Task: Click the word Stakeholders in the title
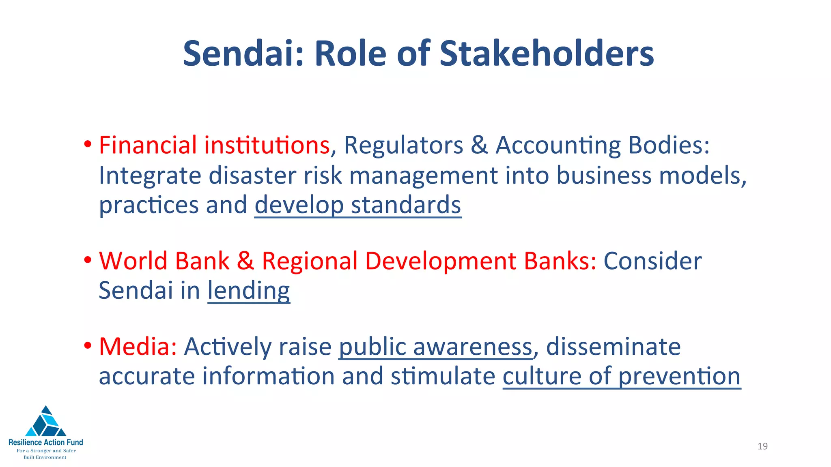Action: click(547, 54)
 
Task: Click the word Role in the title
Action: click(350, 54)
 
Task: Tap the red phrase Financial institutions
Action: click(214, 145)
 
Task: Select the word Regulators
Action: click(403, 145)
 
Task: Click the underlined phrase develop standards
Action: click(357, 205)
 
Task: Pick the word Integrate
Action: click(150, 176)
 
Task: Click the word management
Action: click(423, 176)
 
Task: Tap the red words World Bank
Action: click(164, 261)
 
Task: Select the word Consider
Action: click(652, 261)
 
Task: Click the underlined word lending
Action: click(249, 291)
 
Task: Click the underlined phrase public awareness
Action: click(435, 347)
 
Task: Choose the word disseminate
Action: click(613, 347)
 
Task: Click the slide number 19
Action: click(762, 446)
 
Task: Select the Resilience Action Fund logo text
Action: click(46, 442)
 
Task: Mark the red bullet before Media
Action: click(87, 346)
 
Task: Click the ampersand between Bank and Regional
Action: click(245, 261)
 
